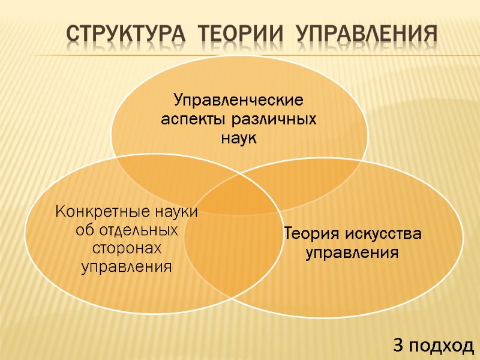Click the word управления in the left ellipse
[x=127, y=266]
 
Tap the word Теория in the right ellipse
[x=311, y=233]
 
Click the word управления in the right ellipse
[x=352, y=253]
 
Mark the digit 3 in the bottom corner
[x=398, y=345]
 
